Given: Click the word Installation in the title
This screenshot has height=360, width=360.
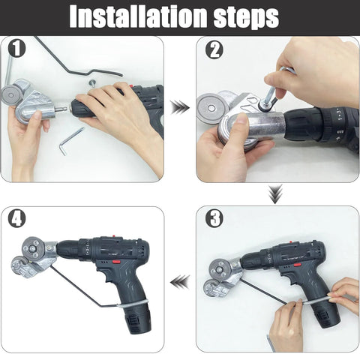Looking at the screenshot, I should tap(135, 16).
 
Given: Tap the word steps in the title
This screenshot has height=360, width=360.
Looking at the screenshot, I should tap(242, 16).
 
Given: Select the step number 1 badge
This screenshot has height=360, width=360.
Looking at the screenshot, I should tap(16, 49).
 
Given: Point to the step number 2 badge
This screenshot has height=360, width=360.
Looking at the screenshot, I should tap(214, 49).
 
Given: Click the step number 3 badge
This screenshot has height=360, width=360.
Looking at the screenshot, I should tap(214, 219).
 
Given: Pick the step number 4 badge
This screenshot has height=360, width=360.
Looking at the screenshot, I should tap(17, 219).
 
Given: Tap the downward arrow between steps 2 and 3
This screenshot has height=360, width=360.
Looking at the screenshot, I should tap(275, 194).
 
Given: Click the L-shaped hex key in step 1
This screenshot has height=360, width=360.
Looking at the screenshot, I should tap(72, 140).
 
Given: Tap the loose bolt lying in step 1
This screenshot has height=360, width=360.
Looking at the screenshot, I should tap(91, 83).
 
